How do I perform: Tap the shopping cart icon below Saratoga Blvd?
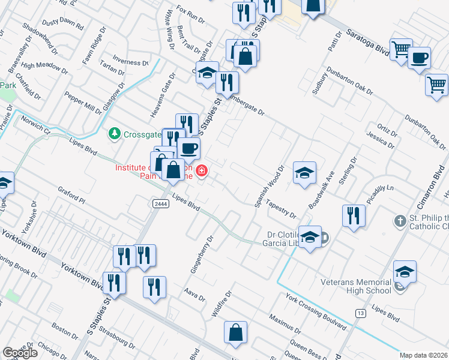[436, 84]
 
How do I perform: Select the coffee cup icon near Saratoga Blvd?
[419, 58]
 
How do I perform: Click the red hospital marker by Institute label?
[202, 170]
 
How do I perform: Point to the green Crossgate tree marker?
[114, 134]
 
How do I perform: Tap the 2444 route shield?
[161, 204]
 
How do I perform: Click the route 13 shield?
[360, 313]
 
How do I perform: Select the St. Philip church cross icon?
[400, 221]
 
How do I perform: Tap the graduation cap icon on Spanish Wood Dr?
[304, 172]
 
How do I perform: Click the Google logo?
[20, 353]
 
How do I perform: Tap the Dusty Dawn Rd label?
[63, 23]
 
